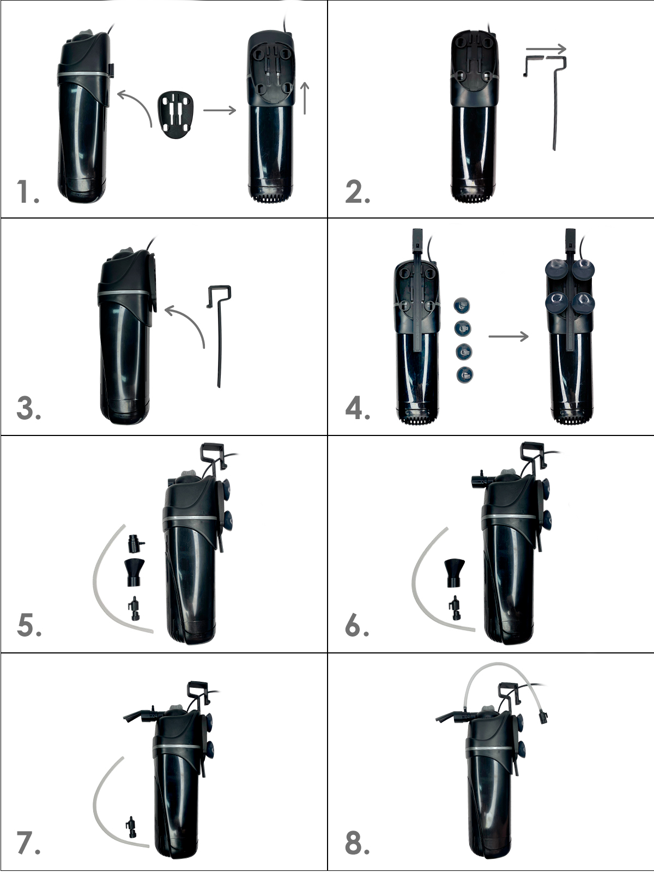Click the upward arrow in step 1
(x=305, y=98)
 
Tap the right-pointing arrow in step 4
(x=508, y=336)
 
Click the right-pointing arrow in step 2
(x=546, y=49)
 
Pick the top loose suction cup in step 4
(x=463, y=306)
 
